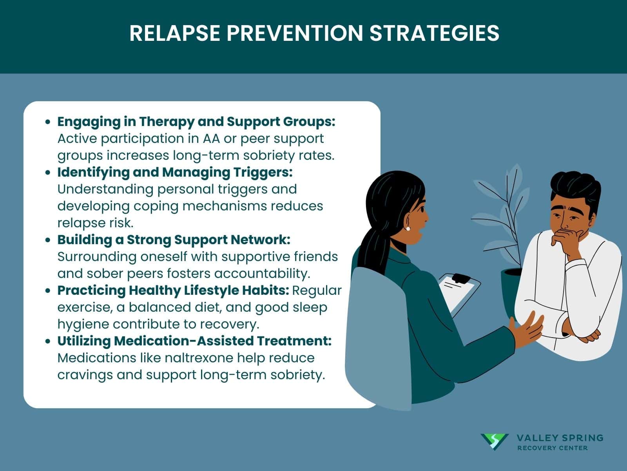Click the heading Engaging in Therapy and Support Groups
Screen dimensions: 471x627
(196, 122)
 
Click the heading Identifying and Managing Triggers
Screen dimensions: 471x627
(175, 172)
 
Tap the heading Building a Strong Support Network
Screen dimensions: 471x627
(174, 239)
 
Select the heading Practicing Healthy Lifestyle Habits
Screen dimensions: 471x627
(173, 290)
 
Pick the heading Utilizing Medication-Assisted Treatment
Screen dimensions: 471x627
(194, 341)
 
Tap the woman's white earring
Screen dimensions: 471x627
(408, 228)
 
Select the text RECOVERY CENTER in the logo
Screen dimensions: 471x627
(552, 448)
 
